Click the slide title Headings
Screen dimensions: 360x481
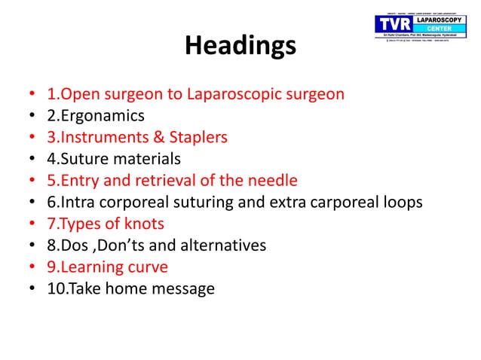coord(240,47)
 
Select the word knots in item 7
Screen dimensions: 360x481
coord(147,224)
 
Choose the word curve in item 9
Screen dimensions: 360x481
coord(149,267)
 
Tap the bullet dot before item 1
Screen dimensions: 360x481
coord(30,96)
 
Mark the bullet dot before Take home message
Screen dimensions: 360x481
coord(30,288)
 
